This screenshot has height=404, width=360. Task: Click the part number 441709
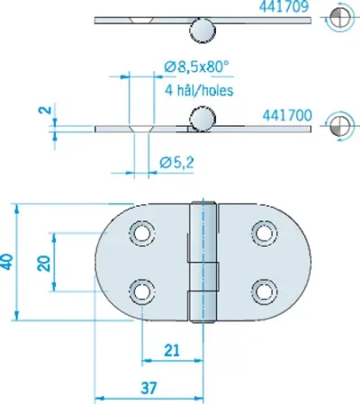283,6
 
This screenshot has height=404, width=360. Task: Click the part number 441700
287,115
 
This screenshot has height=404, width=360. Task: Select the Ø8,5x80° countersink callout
197,67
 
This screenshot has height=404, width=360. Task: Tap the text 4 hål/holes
199,90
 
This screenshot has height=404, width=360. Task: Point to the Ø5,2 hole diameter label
177,162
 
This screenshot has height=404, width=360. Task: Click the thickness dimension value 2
45,110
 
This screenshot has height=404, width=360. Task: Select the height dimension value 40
7,262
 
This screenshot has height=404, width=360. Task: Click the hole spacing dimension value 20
44,264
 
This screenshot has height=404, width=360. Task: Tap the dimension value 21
172,350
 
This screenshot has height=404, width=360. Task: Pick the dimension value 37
148,389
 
